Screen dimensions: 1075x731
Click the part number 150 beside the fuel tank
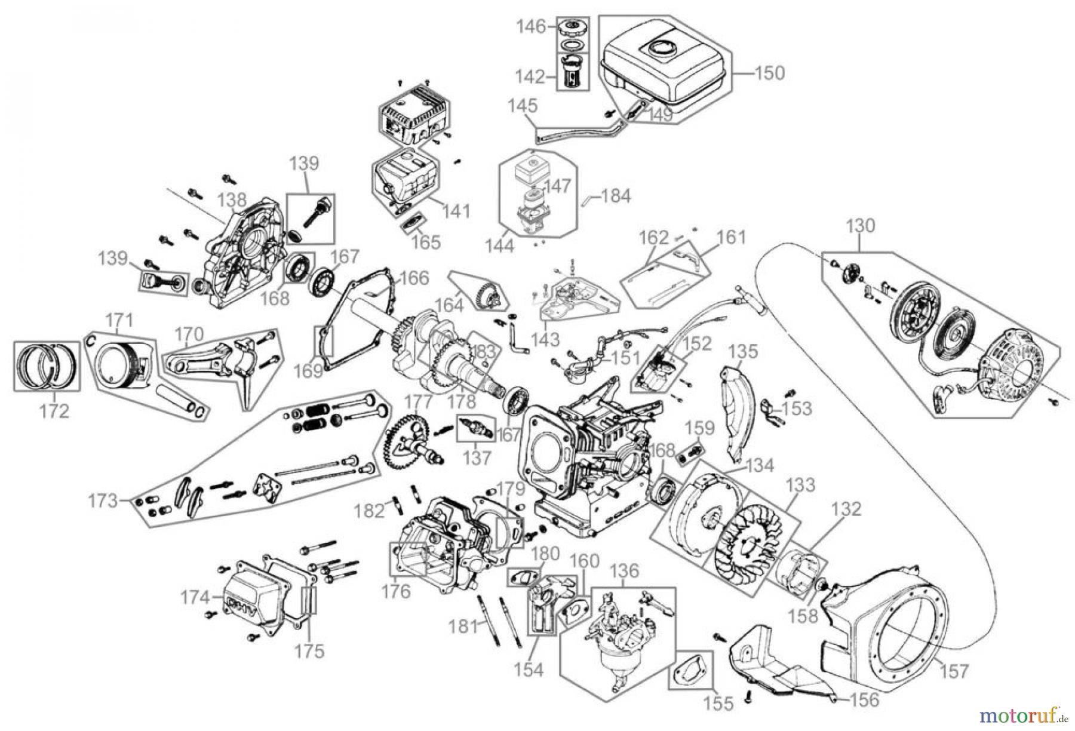pyautogui.click(x=770, y=73)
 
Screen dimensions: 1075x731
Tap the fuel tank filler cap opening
pyautogui.click(x=662, y=46)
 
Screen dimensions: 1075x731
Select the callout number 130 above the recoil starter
pyautogui.click(x=861, y=226)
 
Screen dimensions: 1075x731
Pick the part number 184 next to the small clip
pyautogui.click(x=616, y=196)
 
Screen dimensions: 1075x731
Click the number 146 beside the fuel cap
pyautogui.click(x=532, y=26)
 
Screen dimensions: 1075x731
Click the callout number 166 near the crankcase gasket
pyautogui.click(x=414, y=278)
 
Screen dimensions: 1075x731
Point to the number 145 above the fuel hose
pyautogui.click(x=523, y=106)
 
